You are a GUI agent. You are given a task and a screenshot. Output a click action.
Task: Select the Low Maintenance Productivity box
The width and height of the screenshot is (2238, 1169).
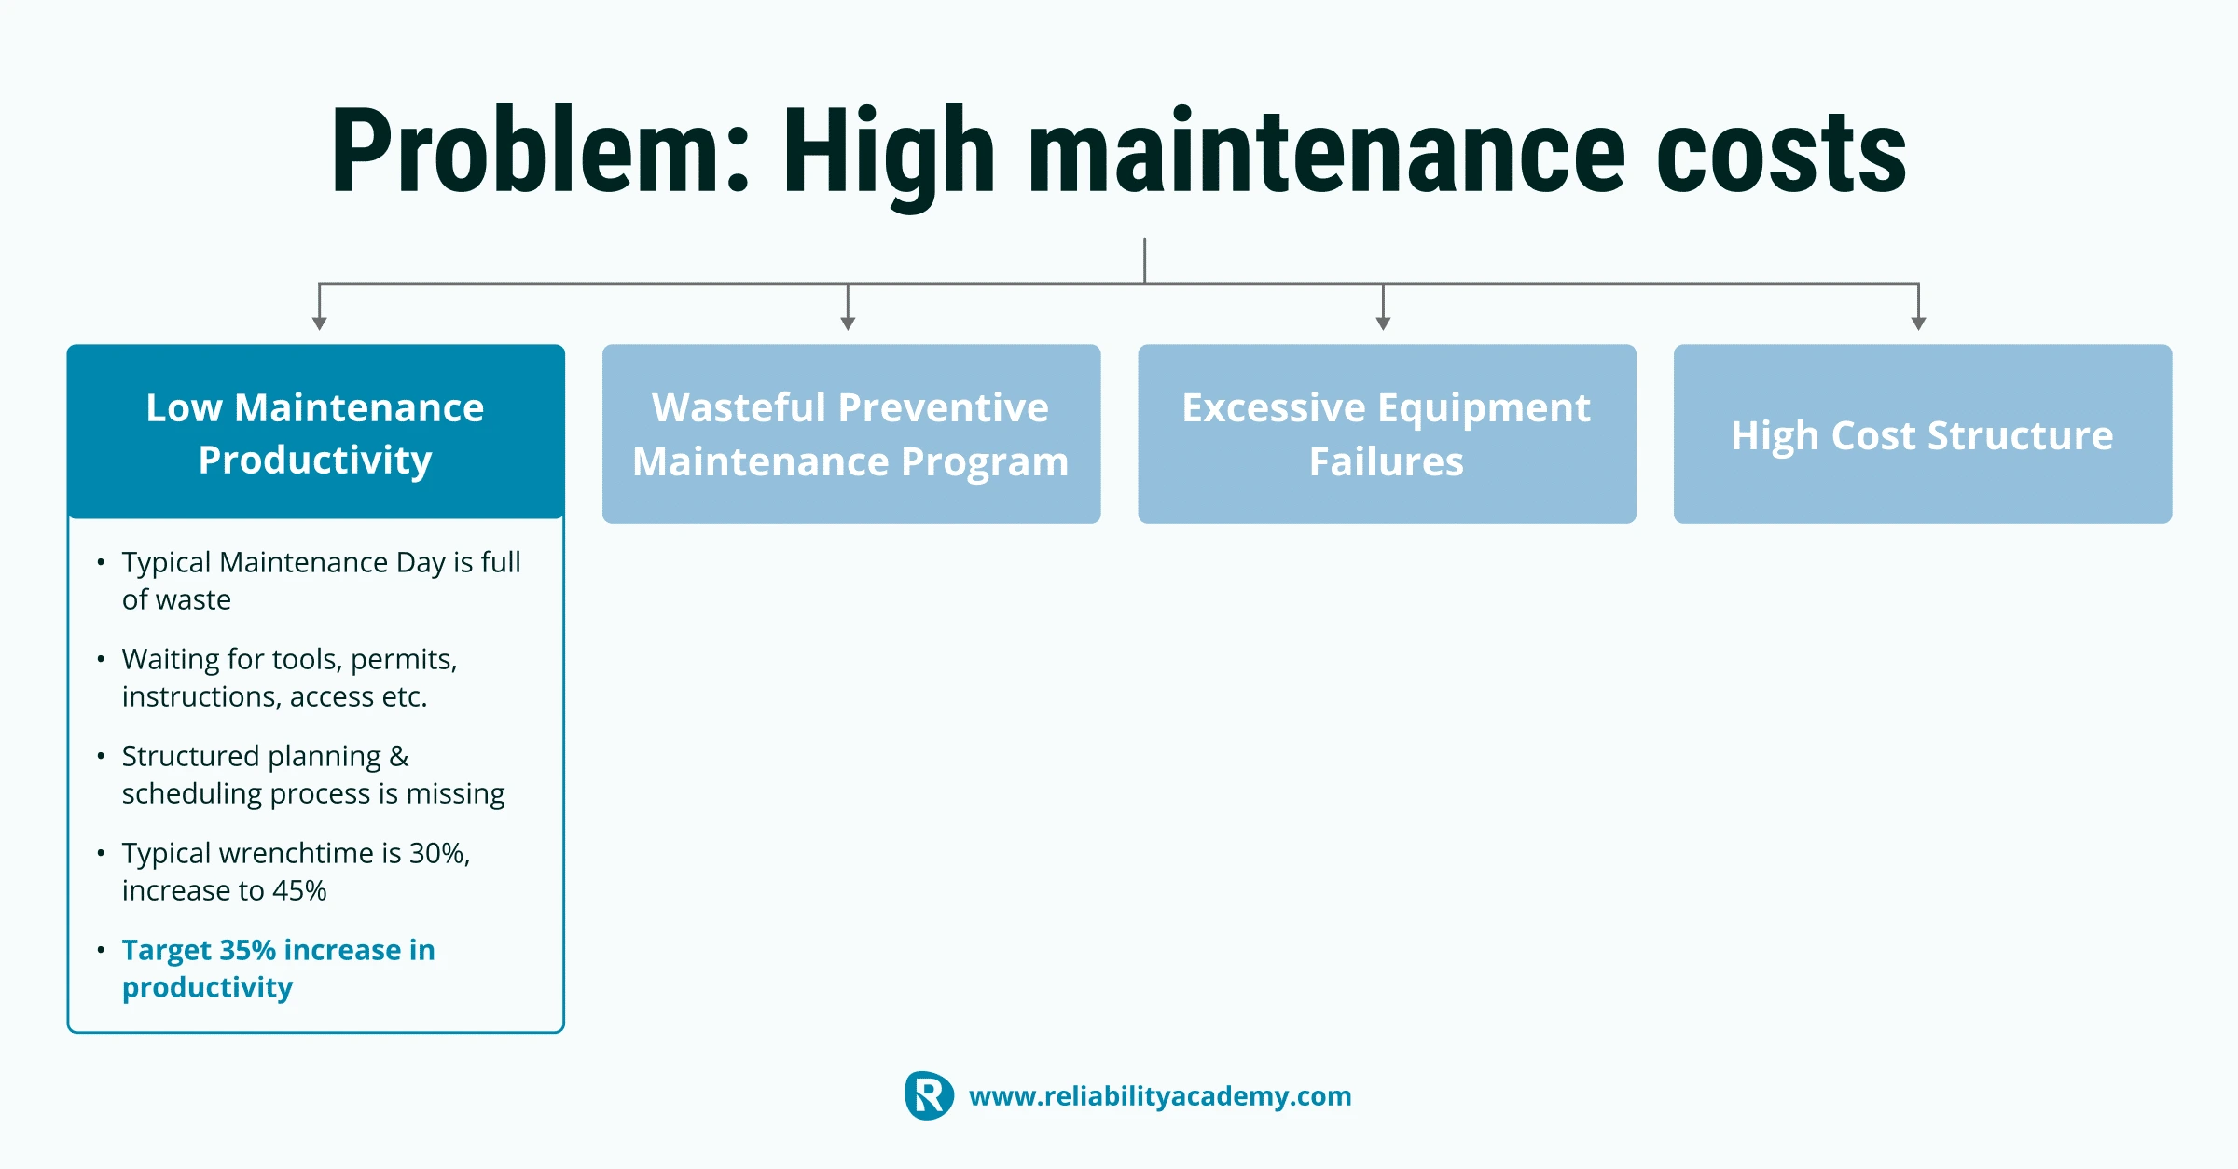[316, 432]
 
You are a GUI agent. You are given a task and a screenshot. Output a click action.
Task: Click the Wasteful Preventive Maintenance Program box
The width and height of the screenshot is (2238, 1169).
[851, 434]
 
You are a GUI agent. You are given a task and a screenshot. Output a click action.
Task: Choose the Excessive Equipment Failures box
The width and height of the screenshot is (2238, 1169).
[1387, 434]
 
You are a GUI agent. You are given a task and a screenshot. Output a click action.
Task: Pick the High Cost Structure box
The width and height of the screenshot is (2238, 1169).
[1923, 434]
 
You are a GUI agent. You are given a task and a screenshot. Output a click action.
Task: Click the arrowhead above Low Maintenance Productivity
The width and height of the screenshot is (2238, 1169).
[320, 323]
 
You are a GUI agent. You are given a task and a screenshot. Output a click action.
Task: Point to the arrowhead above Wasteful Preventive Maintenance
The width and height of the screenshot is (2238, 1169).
[848, 323]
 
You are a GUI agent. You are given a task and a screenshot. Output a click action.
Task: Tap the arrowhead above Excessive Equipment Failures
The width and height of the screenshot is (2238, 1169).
[1383, 323]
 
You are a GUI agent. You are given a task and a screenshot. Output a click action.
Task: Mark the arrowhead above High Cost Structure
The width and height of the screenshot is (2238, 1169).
[1918, 323]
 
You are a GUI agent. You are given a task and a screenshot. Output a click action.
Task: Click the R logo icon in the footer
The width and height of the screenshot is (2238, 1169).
[929, 1095]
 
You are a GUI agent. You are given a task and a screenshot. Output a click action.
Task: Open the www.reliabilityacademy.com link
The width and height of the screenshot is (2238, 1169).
[1160, 1096]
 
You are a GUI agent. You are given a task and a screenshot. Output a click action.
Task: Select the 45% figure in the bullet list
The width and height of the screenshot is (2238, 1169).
[299, 890]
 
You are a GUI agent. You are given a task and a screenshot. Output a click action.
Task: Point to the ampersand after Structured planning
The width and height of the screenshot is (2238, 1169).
[399, 756]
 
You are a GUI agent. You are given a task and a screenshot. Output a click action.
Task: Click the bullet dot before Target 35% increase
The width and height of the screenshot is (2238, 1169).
[101, 950]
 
